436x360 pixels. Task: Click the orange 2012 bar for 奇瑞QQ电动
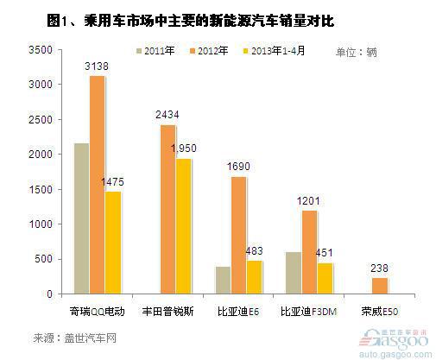tap(98, 185)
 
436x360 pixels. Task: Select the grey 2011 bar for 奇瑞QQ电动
tap(82, 218)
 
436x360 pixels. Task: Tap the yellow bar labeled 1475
tap(113, 243)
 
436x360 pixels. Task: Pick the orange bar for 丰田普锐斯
tap(167, 210)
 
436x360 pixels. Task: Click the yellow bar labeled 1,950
tap(183, 226)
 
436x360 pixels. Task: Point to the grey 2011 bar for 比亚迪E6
tap(223, 281)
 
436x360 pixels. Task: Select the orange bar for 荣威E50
tap(380, 286)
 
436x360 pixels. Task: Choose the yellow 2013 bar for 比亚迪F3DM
tap(325, 278)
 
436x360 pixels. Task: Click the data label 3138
tap(97, 66)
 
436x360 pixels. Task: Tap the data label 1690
tap(238, 167)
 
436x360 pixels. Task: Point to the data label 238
tap(379, 268)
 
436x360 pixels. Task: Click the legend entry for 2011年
tap(155, 51)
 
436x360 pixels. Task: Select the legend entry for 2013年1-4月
tap(274, 51)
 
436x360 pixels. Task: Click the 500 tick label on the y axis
tap(44, 259)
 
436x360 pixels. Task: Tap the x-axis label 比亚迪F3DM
tap(308, 312)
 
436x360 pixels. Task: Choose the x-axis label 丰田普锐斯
tap(167, 312)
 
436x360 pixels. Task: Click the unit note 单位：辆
tap(356, 53)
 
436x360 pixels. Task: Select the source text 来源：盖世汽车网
tap(75, 338)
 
